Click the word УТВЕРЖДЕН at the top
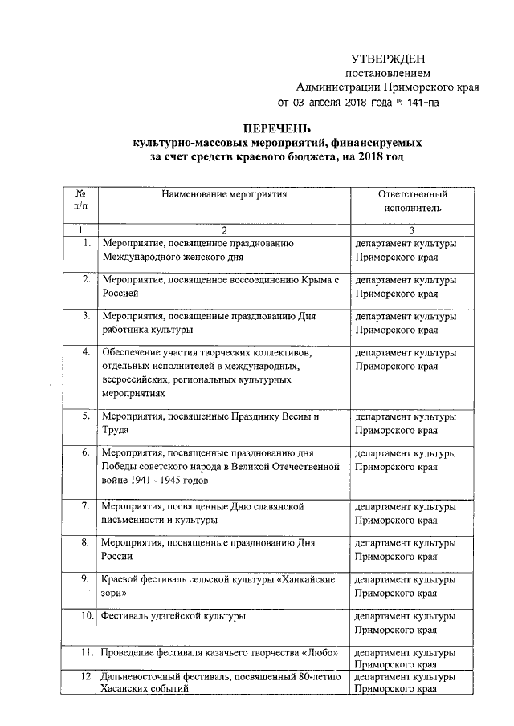click(x=389, y=59)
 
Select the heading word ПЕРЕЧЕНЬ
click(x=276, y=129)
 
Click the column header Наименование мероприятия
click(x=223, y=194)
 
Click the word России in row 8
click(x=117, y=555)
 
